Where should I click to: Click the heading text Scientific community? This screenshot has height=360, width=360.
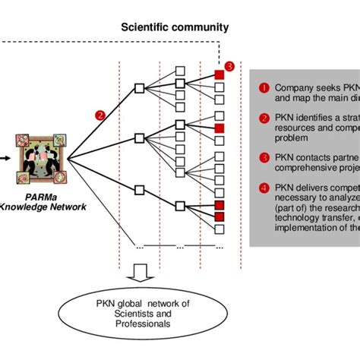175,27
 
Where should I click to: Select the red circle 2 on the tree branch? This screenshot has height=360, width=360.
99,116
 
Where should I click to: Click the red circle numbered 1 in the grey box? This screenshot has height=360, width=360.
264,87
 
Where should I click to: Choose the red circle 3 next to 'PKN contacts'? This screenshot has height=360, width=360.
264,157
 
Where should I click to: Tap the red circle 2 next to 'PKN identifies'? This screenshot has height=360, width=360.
264,118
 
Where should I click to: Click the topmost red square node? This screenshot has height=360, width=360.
219,74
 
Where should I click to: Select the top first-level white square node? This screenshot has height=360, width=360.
139,88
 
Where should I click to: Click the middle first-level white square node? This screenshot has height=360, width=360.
139,138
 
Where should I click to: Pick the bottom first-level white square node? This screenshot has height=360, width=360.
139,189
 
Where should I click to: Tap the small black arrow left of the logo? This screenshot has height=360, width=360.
4,159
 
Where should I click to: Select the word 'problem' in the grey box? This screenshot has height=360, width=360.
292,139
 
